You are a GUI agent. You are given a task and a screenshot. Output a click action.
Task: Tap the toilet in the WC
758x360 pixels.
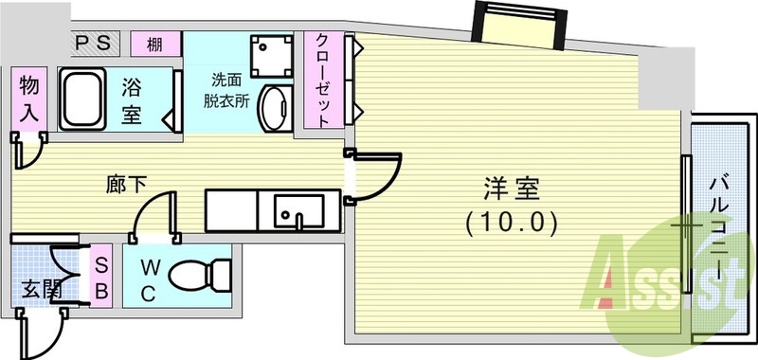pos(199,276)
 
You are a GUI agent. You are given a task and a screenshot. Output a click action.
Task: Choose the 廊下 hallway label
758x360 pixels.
pos(125,184)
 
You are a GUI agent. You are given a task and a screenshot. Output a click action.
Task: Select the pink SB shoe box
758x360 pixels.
pos(101,276)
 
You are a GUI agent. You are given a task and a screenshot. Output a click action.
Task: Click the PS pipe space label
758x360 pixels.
pos(95,43)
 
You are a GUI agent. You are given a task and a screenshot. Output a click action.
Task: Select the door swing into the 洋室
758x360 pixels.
pos(378,175)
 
